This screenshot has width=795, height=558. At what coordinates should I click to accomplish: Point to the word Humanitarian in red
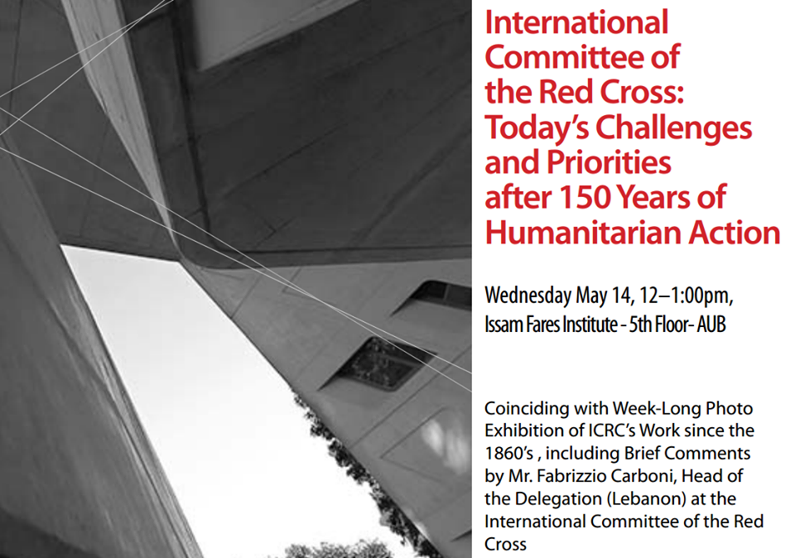pos(574,233)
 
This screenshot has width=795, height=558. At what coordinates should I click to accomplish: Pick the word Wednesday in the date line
pos(528,295)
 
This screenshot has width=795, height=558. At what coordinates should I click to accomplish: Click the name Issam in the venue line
pos(503,325)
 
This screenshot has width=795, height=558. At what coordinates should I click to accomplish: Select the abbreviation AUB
pos(711,325)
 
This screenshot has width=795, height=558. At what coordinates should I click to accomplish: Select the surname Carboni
pos(640,477)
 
